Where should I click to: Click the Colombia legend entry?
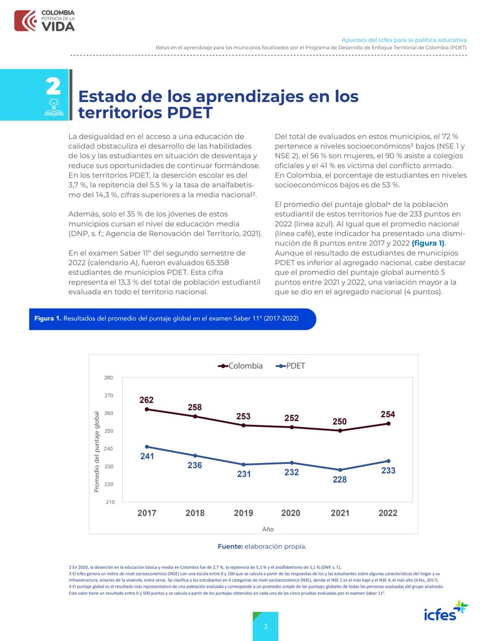[241, 366]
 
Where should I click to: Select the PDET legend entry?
[290, 366]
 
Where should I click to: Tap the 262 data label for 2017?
[147, 400]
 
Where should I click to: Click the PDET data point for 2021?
[340, 470]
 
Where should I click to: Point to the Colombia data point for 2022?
[388, 424]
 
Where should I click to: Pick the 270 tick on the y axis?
[108, 396]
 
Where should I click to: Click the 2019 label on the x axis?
[243, 513]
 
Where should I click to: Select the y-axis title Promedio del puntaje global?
[96, 452]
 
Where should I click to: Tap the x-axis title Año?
[268, 529]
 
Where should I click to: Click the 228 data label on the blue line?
[340, 479]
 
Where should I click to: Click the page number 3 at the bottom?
[265, 626]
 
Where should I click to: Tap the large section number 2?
[53, 86]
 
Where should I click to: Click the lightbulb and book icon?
[54, 107]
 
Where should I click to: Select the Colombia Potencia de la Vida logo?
[45, 21]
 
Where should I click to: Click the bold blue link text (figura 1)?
[428, 243]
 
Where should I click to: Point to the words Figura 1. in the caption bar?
[47, 318]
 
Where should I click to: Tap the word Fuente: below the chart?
[230, 546]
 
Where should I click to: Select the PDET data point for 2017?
[147, 446]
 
